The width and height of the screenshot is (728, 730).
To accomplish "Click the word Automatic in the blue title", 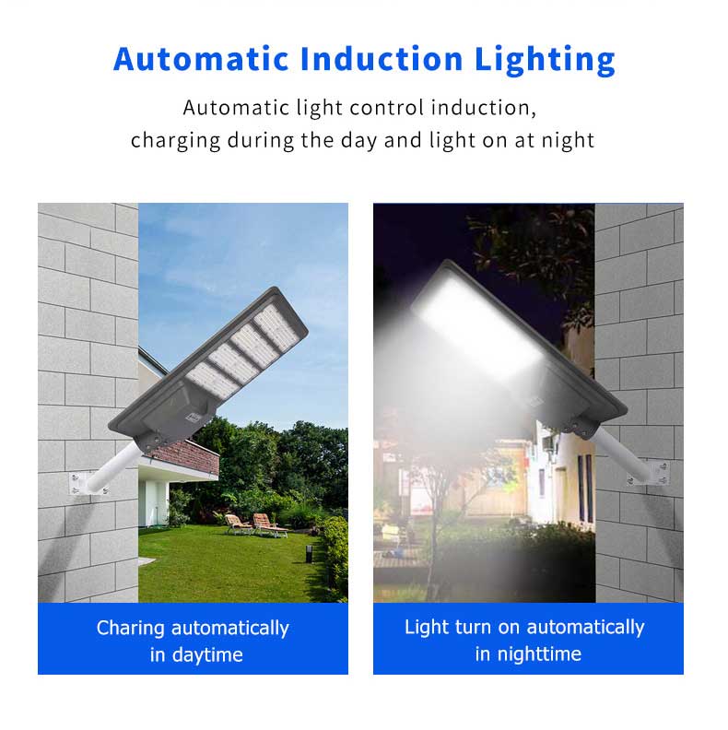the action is [x=201, y=59].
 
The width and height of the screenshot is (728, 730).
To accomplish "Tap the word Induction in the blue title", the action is [x=382, y=59].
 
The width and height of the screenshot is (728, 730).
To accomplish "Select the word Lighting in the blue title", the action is [x=545, y=61].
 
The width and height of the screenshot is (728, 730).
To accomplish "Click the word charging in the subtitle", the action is [x=175, y=141].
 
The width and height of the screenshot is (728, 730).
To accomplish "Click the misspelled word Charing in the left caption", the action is [x=130, y=629].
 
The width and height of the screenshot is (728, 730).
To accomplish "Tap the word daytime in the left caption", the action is [x=207, y=656].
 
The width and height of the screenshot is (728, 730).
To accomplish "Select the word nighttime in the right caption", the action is [x=539, y=655].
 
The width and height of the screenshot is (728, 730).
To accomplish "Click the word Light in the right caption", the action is [x=426, y=627].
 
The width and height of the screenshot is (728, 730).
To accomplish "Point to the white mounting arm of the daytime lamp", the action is [x=111, y=467].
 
